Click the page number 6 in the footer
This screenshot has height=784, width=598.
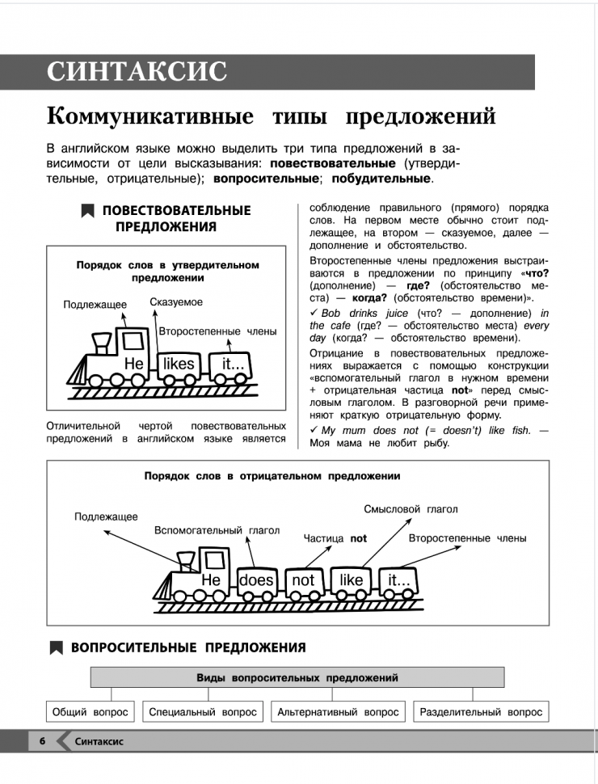[40, 740]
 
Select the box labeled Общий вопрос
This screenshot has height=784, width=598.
[89, 712]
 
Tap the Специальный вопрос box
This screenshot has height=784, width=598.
[203, 712]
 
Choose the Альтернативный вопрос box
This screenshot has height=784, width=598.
[338, 712]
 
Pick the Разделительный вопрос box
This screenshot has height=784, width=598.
[480, 712]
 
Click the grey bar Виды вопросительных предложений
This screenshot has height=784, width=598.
[297, 677]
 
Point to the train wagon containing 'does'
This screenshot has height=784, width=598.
[257, 580]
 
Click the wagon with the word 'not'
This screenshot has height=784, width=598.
[303, 580]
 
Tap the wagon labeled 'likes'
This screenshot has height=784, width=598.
[179, 365]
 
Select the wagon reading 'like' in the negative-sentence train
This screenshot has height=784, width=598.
[352, 580]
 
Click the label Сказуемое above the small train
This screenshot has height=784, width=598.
[176, 302]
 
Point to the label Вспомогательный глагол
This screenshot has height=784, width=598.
[217, 530]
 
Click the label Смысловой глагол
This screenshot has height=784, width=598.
[411, 509]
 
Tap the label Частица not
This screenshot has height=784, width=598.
[335, 537]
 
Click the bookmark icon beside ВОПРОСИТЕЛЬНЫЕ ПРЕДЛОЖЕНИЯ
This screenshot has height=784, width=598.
[56, 647]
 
